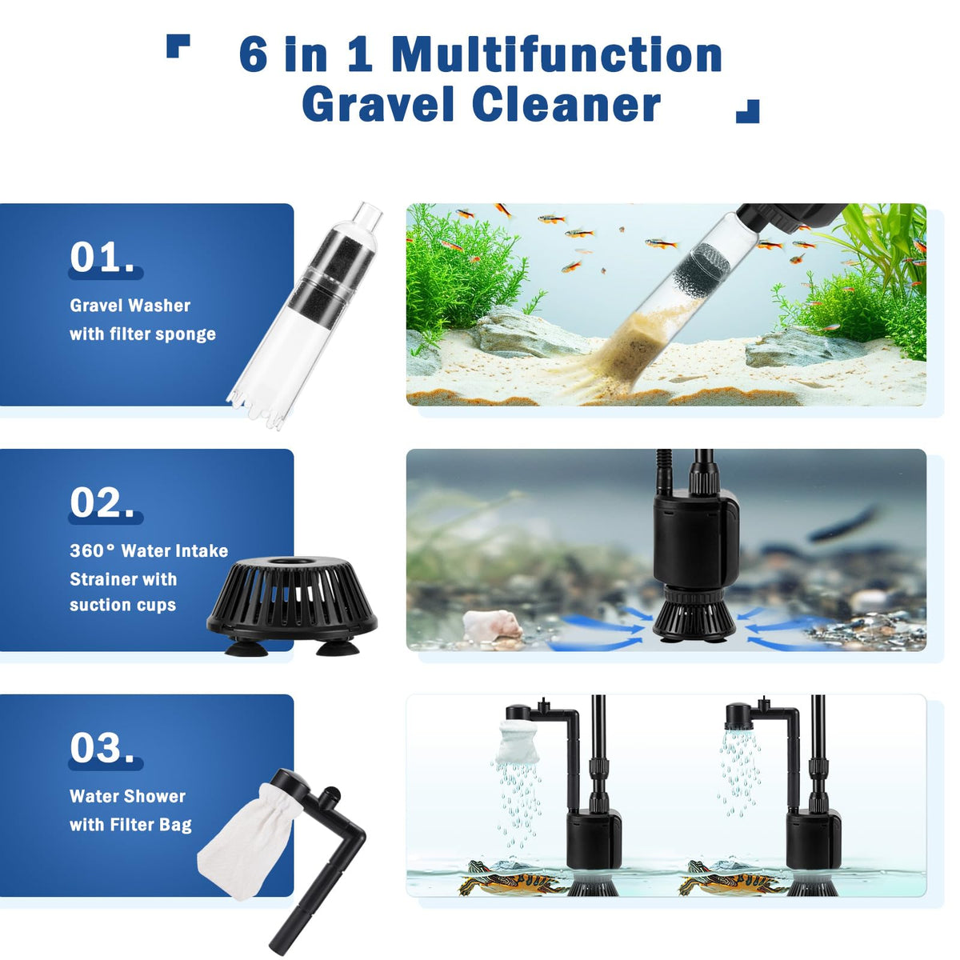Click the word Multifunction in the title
point(557,55)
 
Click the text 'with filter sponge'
point(143,334)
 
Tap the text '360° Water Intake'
point(149,550)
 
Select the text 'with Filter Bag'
point(130,825)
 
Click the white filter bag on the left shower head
point(518,742)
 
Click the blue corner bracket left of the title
point(178,46)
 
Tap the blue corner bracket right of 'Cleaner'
point(747,111)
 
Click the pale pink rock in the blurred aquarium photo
point(492,624)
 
